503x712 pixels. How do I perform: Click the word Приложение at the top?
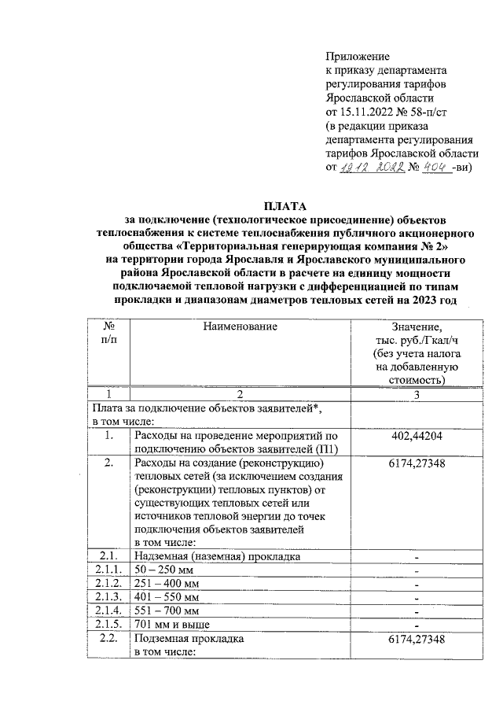(x=358, y=56)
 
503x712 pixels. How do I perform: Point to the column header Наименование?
(x=240, y=326)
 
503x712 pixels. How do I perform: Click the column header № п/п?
(x=110, y=333)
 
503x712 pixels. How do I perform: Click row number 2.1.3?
(x=108, y=597)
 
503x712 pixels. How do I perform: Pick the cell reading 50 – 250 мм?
(x=164, y=569)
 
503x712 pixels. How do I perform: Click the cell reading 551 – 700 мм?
(x=167, y=611)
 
